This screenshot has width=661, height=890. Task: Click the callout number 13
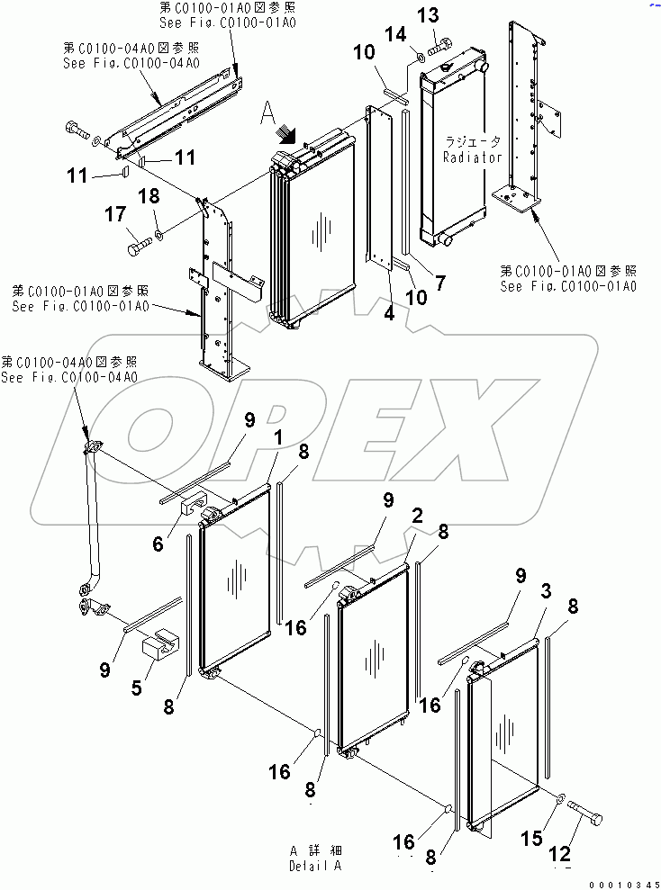429,15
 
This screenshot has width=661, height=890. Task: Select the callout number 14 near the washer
395,35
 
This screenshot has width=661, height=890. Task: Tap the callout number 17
115,215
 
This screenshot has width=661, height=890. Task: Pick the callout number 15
532,838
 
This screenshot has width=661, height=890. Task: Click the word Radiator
471,157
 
